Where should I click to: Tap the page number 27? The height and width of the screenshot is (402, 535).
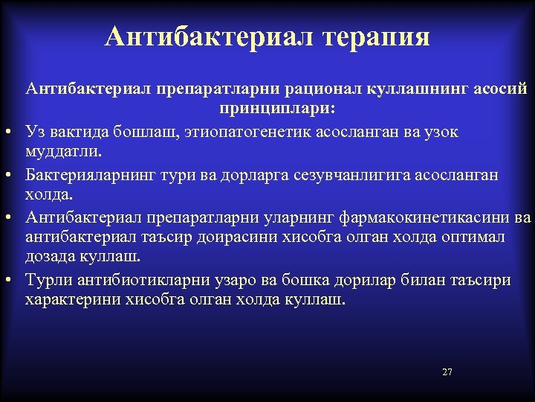(447, 371)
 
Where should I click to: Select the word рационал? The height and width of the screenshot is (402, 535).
(320, 89)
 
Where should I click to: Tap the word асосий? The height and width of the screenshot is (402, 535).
(499, 89)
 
